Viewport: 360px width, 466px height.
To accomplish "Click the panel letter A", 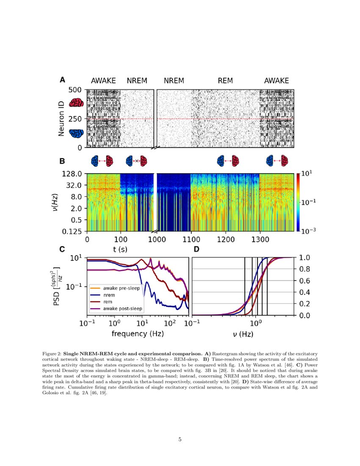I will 62,80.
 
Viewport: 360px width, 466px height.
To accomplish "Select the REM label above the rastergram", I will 225,81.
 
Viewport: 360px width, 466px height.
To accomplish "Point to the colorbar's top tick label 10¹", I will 307,174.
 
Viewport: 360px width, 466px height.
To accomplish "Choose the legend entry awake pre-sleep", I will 123,288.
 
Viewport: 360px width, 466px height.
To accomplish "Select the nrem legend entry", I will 110,295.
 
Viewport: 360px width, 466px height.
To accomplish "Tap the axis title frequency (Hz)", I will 138,334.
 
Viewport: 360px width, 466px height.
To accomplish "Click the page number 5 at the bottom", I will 180,439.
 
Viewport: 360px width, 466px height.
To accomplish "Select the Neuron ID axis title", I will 62,118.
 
